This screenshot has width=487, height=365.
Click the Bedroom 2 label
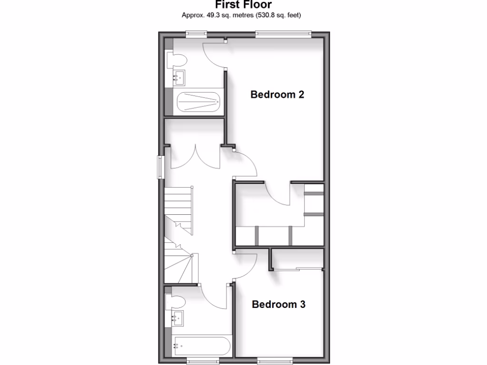tap(277, 95)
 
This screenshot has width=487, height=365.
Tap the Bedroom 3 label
tap(278, 304)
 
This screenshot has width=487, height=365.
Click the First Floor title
tap(243, 5)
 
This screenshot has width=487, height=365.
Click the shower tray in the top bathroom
tap(198, 101)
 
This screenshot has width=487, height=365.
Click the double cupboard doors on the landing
tap(195, 157)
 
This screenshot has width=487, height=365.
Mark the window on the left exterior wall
tap(161, 167)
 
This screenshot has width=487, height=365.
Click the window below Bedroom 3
tap(274, 360)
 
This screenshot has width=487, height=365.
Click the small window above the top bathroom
tap(196, 33)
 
